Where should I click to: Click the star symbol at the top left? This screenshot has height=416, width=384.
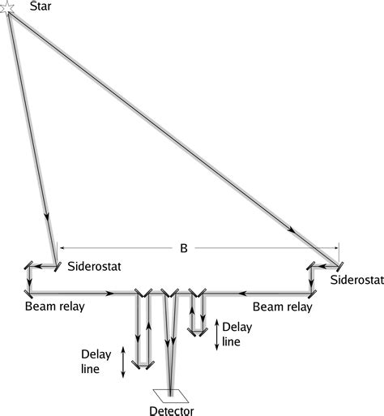coord(6,8)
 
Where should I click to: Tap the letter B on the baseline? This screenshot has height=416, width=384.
coord(184,249)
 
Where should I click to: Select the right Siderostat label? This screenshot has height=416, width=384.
coord(356,280)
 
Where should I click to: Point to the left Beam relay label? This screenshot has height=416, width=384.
coord(54,307)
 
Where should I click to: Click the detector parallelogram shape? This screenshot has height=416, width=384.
coord(172,397)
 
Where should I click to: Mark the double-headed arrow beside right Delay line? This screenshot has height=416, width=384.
coord(216,333)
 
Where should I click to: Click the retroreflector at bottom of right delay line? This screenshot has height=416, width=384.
coord(197,332)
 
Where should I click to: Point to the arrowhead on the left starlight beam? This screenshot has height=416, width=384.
coord(47,218)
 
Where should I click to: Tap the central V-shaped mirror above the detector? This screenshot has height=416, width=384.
coord(170,293)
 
